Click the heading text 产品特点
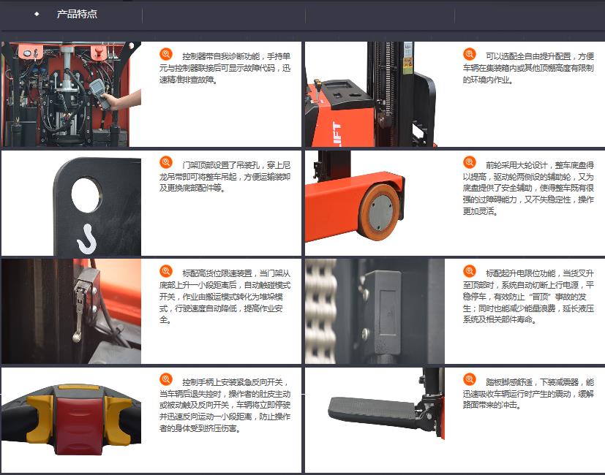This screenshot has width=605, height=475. pos(77,15)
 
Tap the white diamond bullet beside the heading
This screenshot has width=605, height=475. pos(37,15)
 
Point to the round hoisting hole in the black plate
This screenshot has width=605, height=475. pos(86,194)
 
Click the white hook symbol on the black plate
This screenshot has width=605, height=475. pos(88,239)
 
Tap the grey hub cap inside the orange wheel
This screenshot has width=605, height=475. pos(382,212)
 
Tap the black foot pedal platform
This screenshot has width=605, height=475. pos(372,411)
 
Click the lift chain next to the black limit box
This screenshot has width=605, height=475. pos(320,311)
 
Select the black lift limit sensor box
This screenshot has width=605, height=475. pos(383,312)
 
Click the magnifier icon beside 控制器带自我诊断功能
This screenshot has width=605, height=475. pos(166,54)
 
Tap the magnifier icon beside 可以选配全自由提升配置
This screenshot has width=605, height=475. pos(470,54)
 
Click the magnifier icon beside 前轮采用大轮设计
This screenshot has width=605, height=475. pos(470,162)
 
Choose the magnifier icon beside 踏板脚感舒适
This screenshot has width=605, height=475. pos(470,379)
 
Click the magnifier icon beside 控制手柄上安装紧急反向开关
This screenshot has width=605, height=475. pos(166,379)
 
